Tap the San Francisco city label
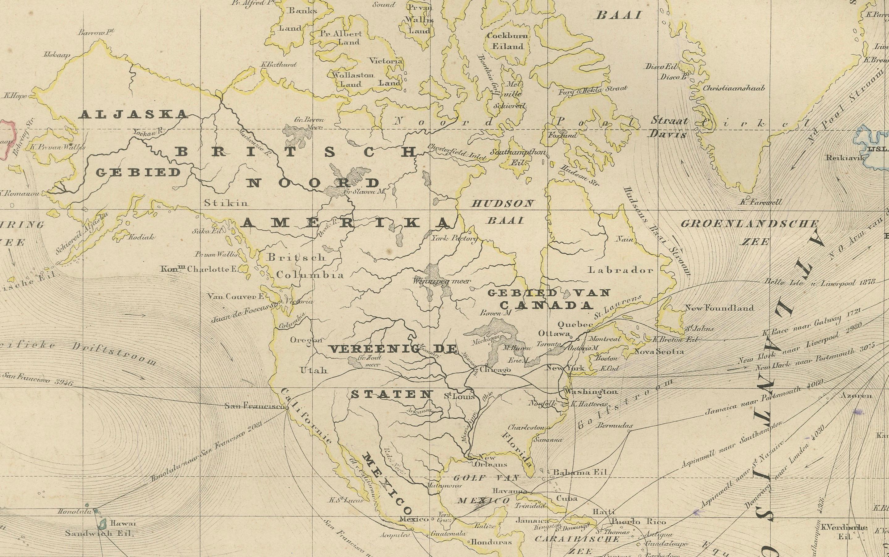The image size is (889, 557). (254, 407)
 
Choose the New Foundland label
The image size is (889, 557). (718, 308)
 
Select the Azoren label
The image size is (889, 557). (856, 396)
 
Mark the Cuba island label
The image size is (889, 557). (567, 499)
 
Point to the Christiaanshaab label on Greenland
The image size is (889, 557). (734, 88)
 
